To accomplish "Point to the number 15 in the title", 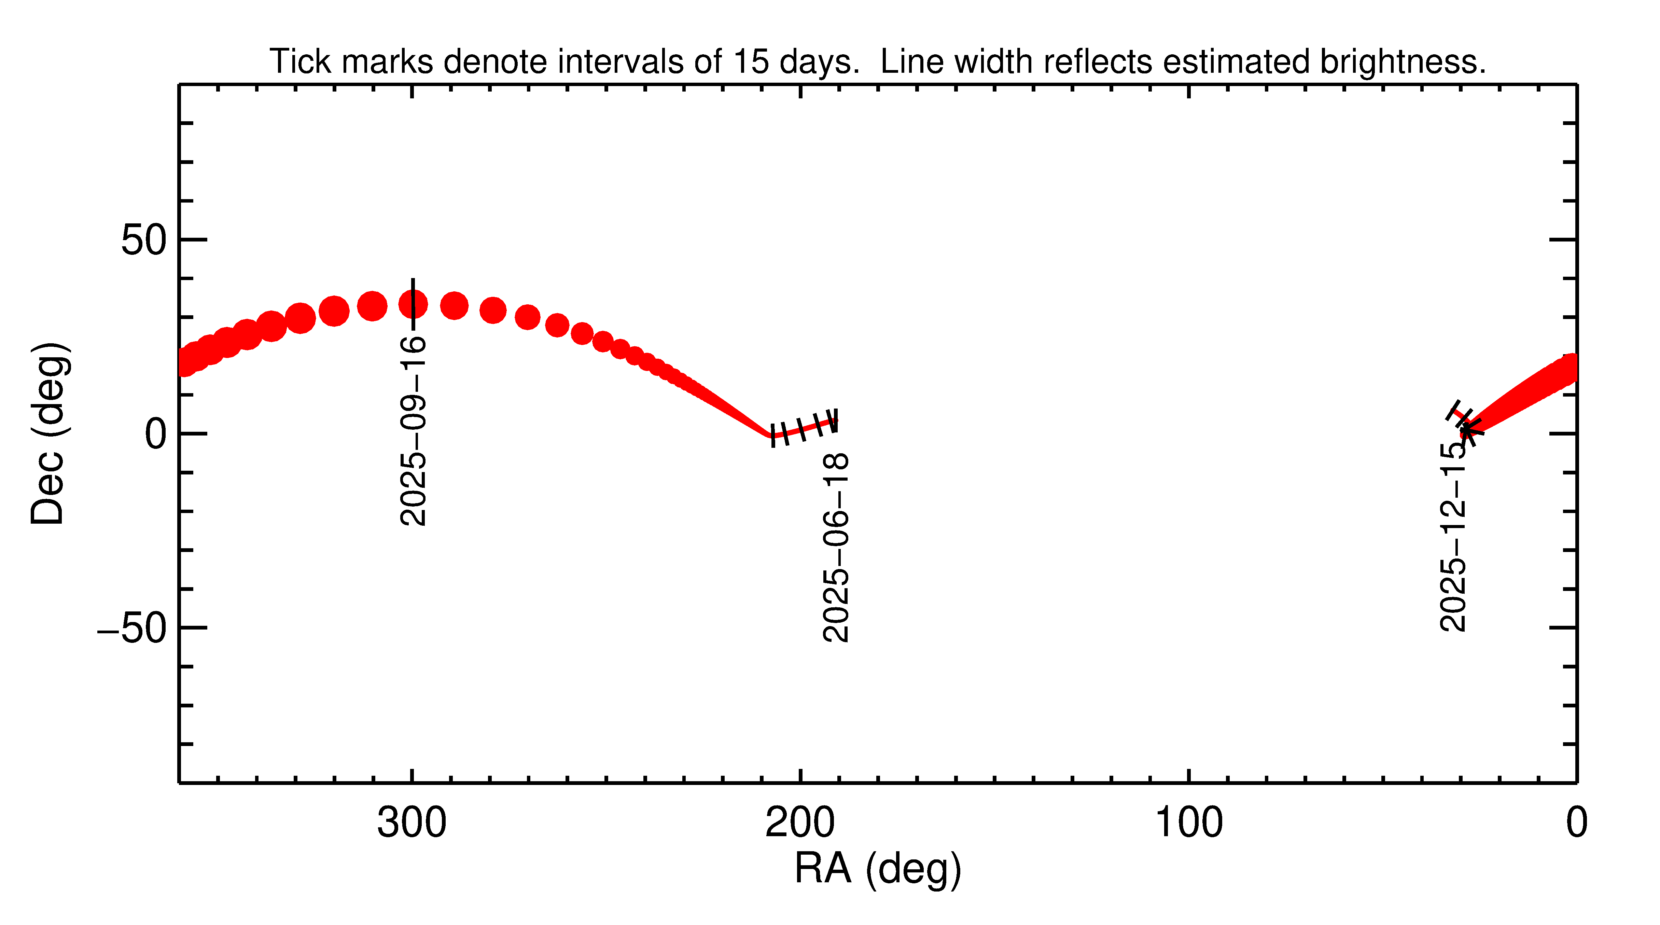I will point(751,62).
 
